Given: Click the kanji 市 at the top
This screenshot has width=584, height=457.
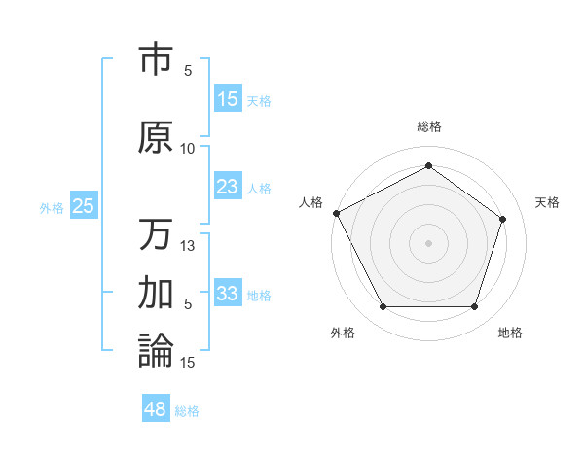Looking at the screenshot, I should tap(156, 60).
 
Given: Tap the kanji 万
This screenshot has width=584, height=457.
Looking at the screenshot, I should tap(156, 233).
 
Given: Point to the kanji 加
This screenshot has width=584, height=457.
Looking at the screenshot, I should tap(156, 293).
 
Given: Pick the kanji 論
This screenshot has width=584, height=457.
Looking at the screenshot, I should tap(156, 350).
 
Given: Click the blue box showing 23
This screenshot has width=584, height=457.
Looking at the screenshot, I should tap(227, 187).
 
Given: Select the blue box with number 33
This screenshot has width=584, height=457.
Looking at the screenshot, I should tap(227, 294).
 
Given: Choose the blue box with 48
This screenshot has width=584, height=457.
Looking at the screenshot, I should tap(156, 409).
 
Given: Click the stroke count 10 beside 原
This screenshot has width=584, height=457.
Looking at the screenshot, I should tap(188, 148).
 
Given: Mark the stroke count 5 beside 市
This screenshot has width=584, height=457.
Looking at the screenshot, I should tap(188, 71).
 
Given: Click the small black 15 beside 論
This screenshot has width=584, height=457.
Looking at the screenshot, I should tap(188, 362).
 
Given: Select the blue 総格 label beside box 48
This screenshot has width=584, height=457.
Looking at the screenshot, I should tap(187, 411).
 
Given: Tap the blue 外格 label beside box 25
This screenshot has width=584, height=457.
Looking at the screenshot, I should tap(52, 207).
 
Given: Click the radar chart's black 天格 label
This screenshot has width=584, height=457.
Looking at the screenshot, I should tap(548, 202).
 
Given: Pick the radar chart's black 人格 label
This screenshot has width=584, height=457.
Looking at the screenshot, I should tap(310, 202).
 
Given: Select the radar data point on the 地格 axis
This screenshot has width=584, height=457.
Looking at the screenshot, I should tap(475, 307).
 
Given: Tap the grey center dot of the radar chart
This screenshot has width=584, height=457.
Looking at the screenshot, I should tap(428, 242).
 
